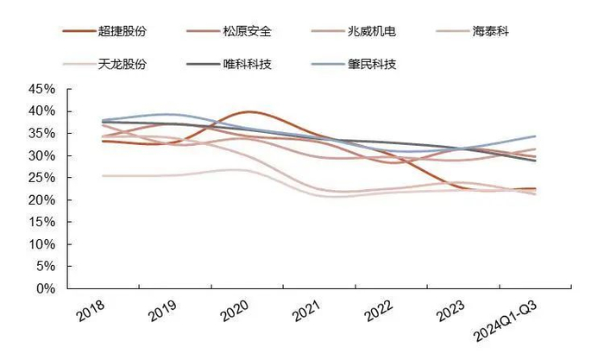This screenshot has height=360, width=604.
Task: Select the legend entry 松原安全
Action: pos(247,32)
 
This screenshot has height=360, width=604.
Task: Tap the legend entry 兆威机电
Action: pos(372,32)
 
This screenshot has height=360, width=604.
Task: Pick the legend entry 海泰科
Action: pos(490,32)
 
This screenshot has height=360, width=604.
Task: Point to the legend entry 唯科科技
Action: pos(247,63)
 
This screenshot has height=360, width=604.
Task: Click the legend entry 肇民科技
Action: pos(372,63)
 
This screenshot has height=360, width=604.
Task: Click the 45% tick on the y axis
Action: pos(42,89)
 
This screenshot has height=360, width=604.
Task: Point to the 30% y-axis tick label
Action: pos(42,155)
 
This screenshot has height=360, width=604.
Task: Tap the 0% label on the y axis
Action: pos(46,288)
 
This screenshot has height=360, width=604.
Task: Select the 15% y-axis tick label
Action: pos(42,222)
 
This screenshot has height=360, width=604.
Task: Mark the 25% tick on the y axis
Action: pos(42,178)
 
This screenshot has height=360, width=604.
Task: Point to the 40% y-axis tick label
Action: pos(42,111)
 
